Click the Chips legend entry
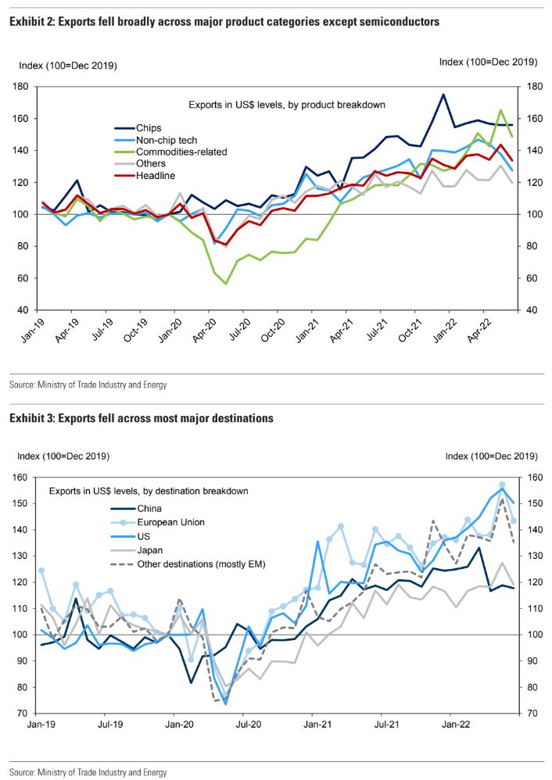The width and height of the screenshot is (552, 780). [x=149, y=127]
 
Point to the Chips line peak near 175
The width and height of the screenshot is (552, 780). [x=443, y=95]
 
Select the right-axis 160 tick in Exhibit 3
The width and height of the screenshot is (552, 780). [x=530, y=478]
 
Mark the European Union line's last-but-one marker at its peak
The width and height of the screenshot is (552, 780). [x=502, y=485]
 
